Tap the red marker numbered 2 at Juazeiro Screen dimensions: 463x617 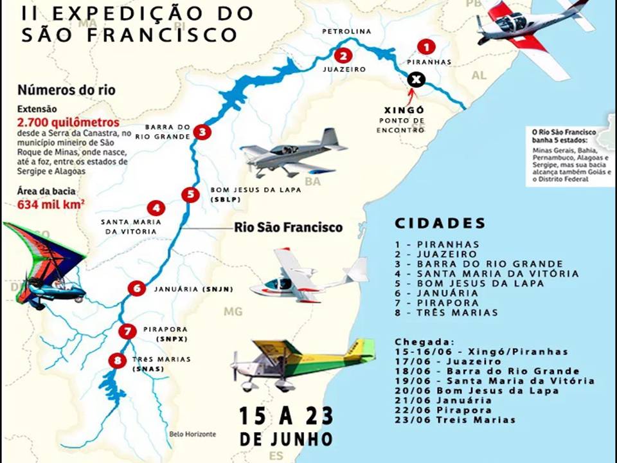pos(344,55)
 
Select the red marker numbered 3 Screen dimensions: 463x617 pos(202,132)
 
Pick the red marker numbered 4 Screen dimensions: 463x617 pos(156,208)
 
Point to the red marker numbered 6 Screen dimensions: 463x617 pos(136,288)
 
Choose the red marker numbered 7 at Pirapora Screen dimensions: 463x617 pos(128,331)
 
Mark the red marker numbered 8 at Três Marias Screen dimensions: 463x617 pos(116,361)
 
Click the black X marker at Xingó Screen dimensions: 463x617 pos(416,80)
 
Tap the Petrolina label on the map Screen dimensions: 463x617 pos(346,31)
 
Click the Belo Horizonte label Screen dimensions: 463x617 pos(192,434)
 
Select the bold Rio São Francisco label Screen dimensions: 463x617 pos(288,227)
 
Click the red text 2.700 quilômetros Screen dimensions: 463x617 pos(68,122)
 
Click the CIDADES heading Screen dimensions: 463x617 pos(440,223)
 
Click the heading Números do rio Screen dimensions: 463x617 pos(66,90)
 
